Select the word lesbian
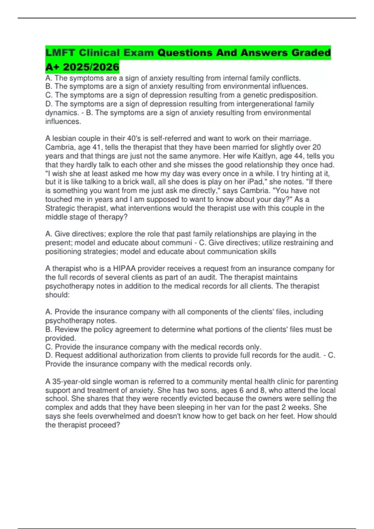pos(66,138)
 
